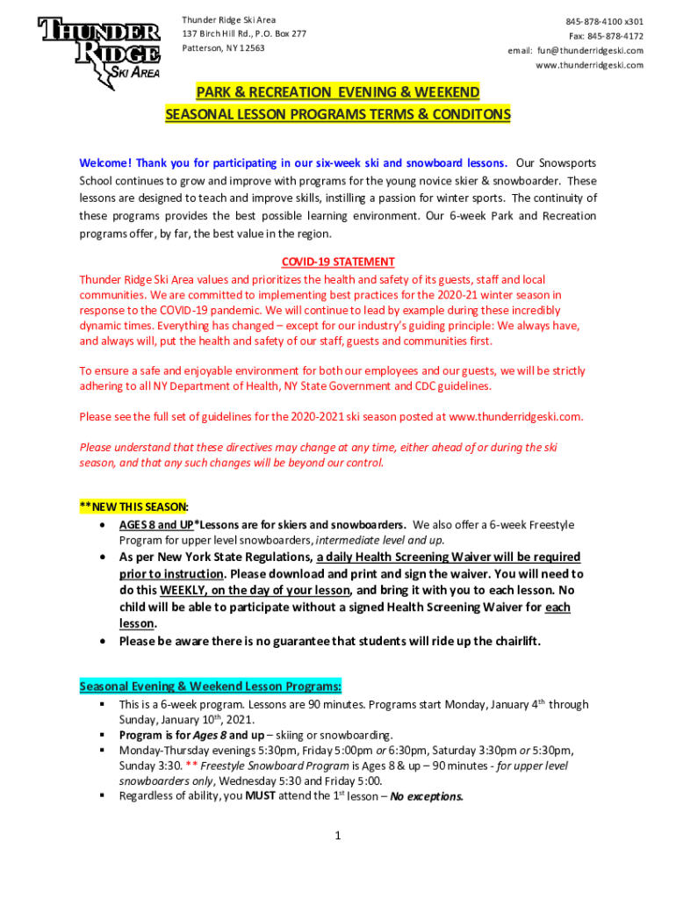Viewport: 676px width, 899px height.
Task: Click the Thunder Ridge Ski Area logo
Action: (98, 47)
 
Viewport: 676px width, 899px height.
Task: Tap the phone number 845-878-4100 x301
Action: (603, 20)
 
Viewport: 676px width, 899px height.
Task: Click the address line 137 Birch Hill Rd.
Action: (215, 33)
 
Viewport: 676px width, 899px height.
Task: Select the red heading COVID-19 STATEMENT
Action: (338, 262)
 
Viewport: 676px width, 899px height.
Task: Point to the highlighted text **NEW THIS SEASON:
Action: (133, 506)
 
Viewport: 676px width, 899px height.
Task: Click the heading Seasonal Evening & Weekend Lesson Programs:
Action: (211, 686)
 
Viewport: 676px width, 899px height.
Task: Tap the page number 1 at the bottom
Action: (337, 836)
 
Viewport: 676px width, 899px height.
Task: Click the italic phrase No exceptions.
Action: (427, 797)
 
